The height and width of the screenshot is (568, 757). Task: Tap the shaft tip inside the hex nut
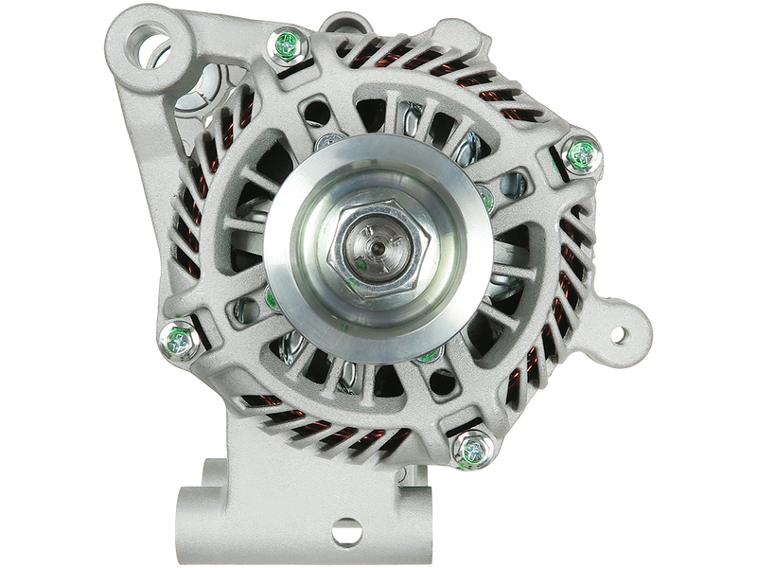click(x=377, y=248)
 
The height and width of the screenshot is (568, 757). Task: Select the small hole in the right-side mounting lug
click(x=620, y=334)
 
